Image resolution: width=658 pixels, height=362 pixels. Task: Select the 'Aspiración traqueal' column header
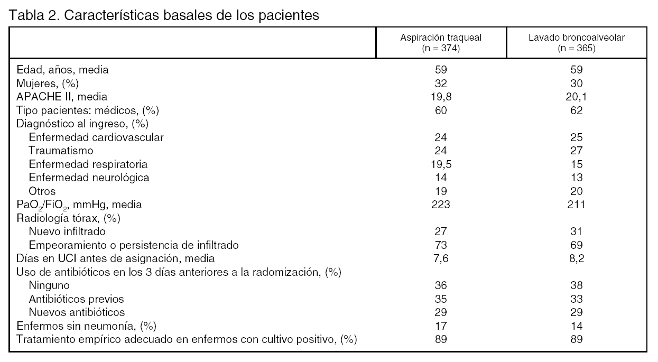click(x=441, y=38)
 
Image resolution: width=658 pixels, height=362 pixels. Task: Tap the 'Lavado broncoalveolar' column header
click(x=577, y=38)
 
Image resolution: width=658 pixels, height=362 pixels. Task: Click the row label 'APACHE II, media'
click(x=62, y=97)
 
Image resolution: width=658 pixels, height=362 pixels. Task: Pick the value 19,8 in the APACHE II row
click(x=441, y=97)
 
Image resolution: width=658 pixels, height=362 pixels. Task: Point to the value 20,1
click(x=577, y=97)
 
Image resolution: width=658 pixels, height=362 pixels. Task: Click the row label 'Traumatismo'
click(x=61, y=151)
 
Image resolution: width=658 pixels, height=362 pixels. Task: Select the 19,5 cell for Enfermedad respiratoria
click(x=441, y=164)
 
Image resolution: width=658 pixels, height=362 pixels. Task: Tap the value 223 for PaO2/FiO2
click(x=441, y=205)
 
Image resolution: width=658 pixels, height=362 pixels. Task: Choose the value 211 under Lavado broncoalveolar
click(x=577, y=205)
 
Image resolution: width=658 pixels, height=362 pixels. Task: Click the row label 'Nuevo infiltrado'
click(x=67, y=231)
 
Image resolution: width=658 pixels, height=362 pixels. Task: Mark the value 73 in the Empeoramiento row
click(x=441, y=245)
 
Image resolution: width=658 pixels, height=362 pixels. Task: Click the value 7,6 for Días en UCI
click(x=441, y=258)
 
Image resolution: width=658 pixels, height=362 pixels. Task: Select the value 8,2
click(x=577, y=258)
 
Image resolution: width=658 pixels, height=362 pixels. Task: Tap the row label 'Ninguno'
click(x=49, y=285)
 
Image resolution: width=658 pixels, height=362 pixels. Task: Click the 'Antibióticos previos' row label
click(x=76, y=299)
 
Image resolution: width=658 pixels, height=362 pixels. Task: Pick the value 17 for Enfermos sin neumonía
click(x=441, y=326)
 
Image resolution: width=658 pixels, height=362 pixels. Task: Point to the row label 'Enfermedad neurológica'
click(x=89, y=178)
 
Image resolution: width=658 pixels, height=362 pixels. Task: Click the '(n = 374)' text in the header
click(x=441, y=48)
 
